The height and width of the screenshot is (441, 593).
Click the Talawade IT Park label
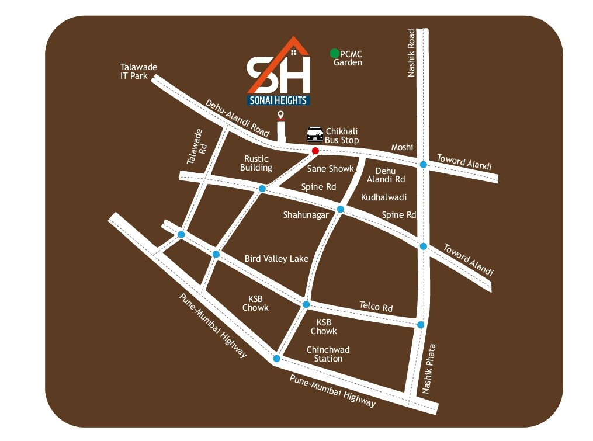pos(138,71)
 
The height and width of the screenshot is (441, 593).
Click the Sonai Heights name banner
pos(278,100)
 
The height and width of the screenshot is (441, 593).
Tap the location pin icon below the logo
pos(281,115)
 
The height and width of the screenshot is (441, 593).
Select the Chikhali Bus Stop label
pos(342,136)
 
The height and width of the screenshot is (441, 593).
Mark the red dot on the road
pos(315,151)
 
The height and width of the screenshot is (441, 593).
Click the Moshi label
pos(402,147)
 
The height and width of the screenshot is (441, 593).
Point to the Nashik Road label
pos(411,53)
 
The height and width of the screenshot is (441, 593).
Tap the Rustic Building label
pos(256,163)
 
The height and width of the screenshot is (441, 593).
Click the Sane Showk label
pos(331,169)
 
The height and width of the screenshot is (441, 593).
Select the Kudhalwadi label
pos(384,197)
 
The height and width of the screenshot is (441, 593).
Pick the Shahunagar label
pos(306,215)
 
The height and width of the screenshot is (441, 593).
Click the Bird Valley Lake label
pos(276,258)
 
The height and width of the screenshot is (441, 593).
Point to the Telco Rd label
pos(376,307)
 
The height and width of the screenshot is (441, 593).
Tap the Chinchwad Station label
pos(328,354)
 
